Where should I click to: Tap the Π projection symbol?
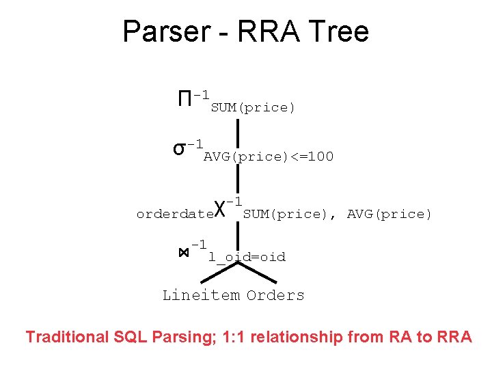point(184,99)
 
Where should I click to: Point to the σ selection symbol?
point(179,148)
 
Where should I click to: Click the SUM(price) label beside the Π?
point(253,108)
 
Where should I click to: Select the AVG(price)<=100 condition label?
point(269,157)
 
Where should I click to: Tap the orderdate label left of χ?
point(175,215)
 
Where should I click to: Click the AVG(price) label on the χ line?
point(389,215)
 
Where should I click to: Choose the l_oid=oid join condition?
point(247,258)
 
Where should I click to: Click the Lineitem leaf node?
point(201,296)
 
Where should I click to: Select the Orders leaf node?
point(275,296)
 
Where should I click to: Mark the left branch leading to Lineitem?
point(219,274)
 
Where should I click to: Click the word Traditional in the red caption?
point(66,337)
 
